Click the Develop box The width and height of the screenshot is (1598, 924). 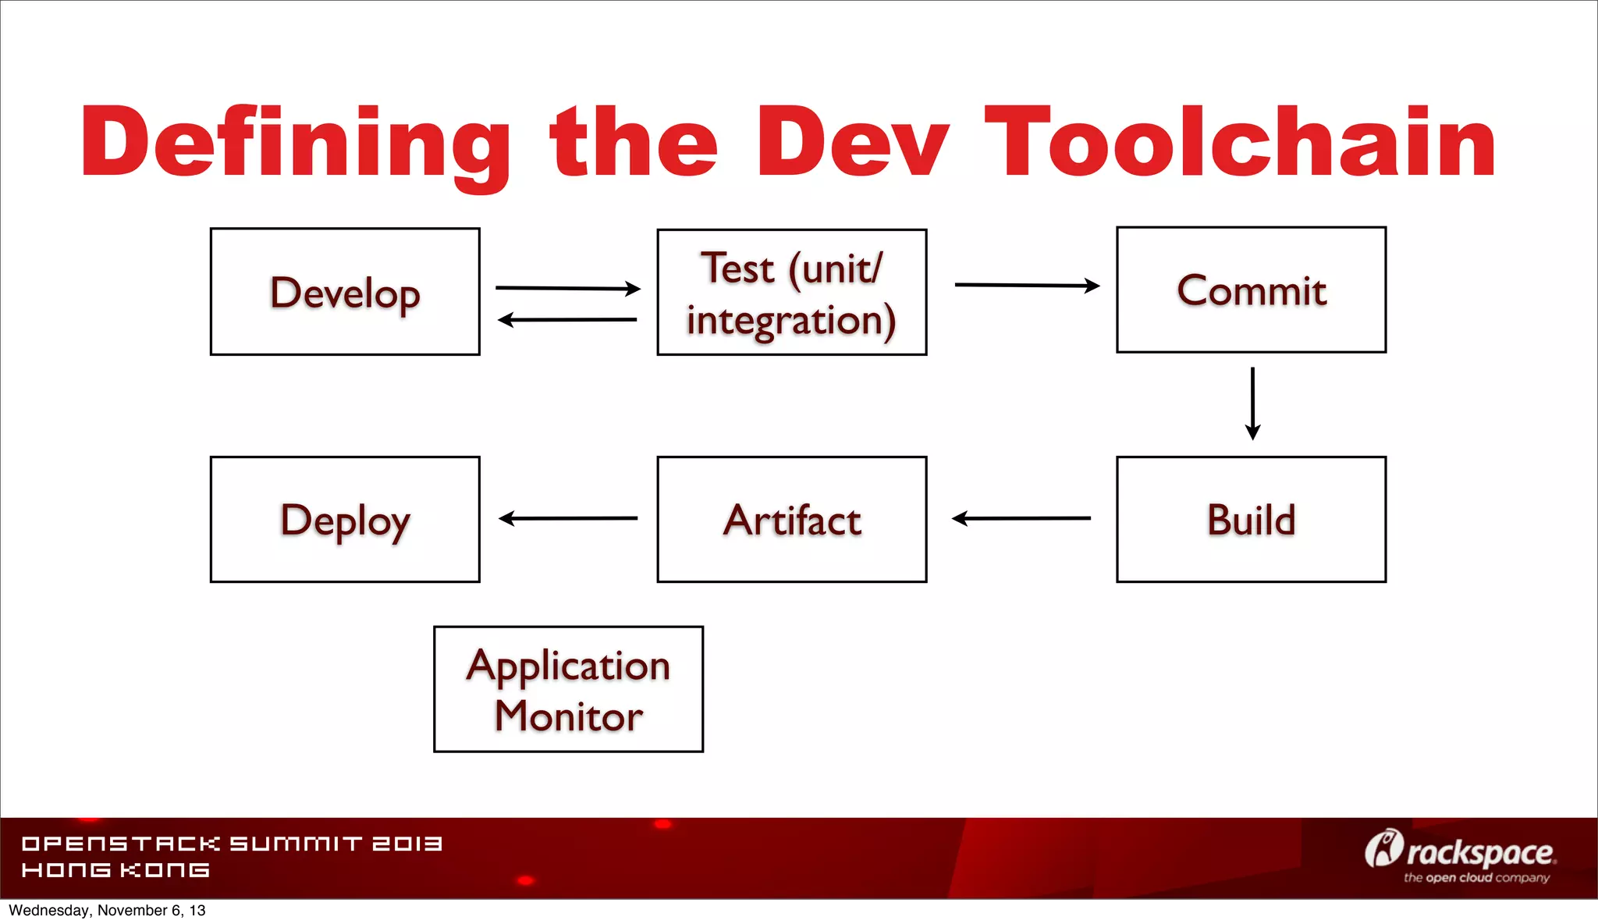tap(345, 292)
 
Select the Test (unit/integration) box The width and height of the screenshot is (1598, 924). tap(791, 293)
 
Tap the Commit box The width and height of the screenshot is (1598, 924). tap(1251, 290)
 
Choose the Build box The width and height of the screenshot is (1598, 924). tap(1251, 520)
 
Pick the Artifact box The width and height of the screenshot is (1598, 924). tap(791, 520)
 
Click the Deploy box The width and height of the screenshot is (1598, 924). tap(345, 520)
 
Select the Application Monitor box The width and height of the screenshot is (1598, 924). tap(568, 689)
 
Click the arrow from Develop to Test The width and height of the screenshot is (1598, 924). tap(567, 288)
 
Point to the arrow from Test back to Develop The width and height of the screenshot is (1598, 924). tap(567, 319)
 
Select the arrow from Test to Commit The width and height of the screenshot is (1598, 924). tap(1026, 286)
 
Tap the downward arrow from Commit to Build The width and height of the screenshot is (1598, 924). tap(1252, 403)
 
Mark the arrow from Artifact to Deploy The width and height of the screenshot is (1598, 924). tap(567, 518)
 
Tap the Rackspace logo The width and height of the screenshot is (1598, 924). tap(1460, 851)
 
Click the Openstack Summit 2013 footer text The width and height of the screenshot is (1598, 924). tap(232, 844)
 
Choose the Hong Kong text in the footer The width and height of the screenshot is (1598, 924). tap(115, 870)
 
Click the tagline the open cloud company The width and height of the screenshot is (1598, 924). tap(1476, 878)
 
